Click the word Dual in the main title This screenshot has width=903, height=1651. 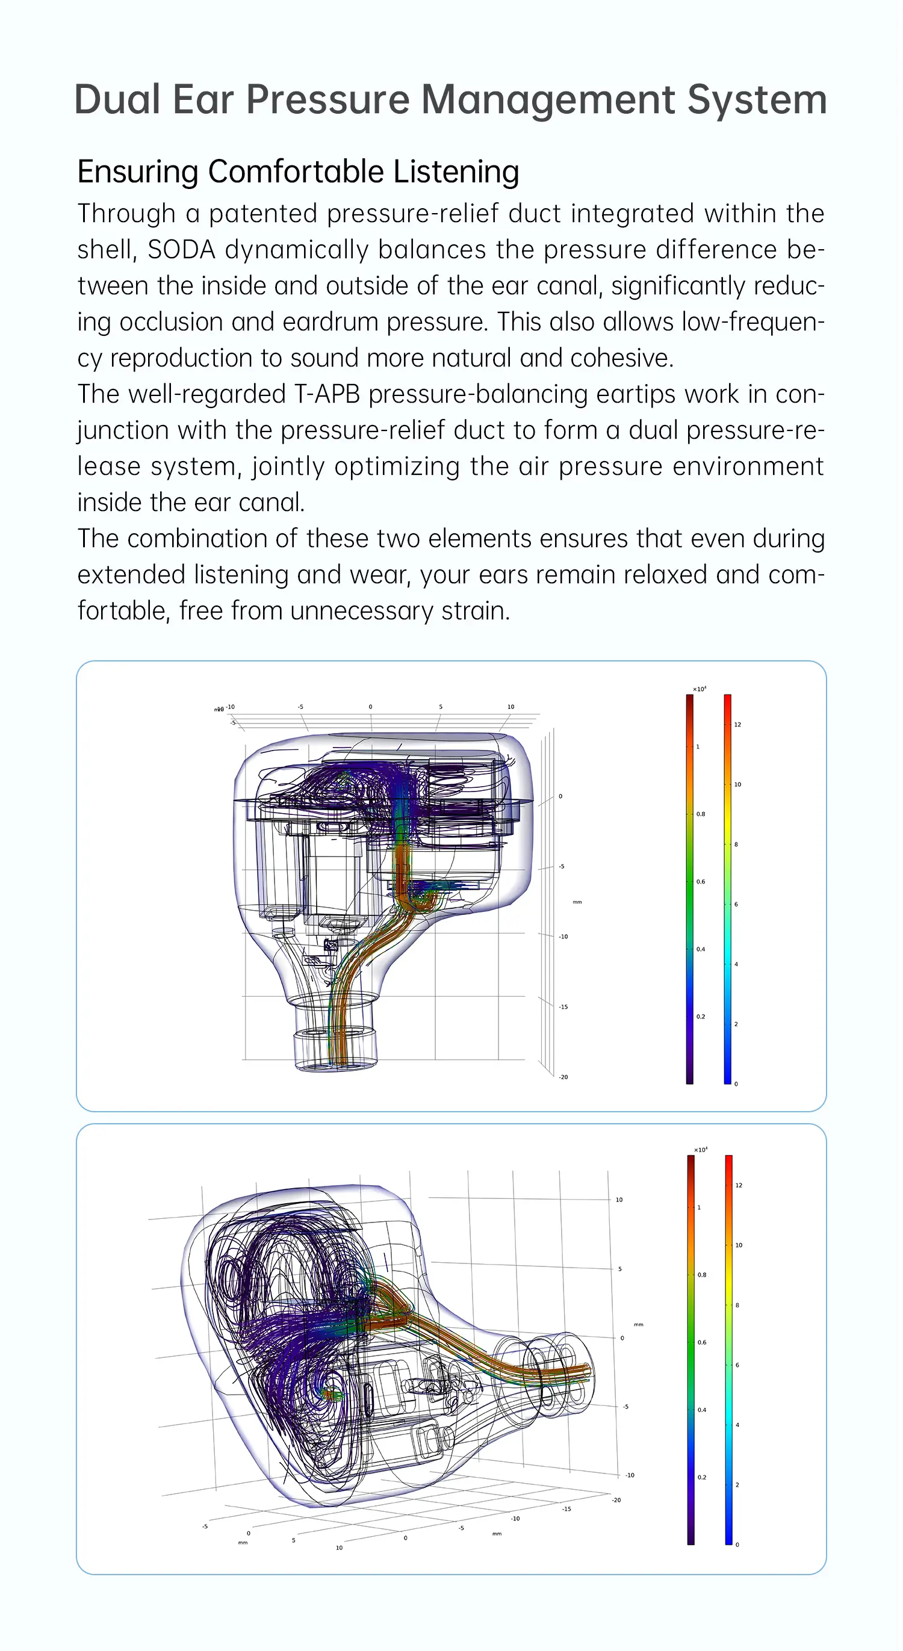pyautogui.click(x=117, y=100)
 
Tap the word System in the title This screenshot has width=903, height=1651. pyautogui.click(x=757, y=100)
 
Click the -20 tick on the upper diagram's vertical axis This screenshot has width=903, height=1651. pyautogui.click(x=563, y=1077)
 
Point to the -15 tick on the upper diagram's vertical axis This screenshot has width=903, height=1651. pyautogui.click(x=563, y=1007)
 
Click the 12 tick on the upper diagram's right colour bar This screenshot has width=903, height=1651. pyautogui.click(x=737, y=725)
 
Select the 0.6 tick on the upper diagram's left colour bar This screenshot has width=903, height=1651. pyautogui.click(x=701, y=882)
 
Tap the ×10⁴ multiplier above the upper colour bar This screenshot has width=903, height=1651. pyautogui.click(x=699, y=689)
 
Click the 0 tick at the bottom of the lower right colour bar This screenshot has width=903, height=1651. pyautogui.click(x=737, y=1544)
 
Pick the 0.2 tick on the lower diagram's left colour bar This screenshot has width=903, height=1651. pyautogui.click(x=702, y=1477)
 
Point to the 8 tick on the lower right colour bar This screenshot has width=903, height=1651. pyautogui.click(x=737, y=1306)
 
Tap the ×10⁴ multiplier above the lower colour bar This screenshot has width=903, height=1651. pyautogui.click(x=701, y=1150)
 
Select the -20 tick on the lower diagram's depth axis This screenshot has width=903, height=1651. pyautogui.click(x=616, y=1501)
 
